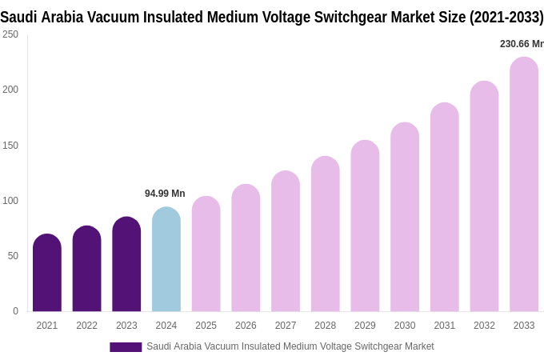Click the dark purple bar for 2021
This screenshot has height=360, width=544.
47,273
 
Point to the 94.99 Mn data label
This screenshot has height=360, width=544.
165,194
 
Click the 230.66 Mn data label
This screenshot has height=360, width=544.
521,44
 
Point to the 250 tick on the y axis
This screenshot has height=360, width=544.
10,34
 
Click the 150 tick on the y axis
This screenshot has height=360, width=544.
10,146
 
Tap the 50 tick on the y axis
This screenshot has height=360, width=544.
13,256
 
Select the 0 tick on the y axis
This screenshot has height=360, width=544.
15,311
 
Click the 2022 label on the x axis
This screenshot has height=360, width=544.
86,326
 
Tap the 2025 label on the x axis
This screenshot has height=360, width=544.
206,326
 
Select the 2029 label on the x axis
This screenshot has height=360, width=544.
365,326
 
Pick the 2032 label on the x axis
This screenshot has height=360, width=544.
484,326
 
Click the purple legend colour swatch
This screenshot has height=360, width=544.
126,347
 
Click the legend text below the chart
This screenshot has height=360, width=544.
290,346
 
